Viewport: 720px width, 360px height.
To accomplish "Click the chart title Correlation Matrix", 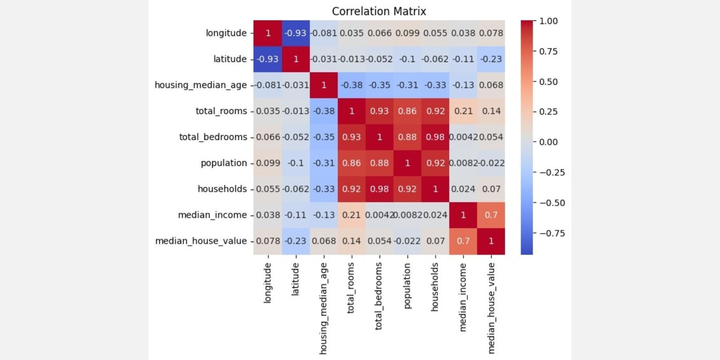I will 379,11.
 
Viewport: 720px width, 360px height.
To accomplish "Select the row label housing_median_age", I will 200,85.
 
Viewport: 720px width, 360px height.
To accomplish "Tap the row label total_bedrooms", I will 213,137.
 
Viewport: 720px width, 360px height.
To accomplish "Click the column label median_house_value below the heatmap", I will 491,308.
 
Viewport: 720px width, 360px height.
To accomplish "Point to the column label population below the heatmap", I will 407,286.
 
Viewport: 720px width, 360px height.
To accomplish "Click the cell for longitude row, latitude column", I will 296,33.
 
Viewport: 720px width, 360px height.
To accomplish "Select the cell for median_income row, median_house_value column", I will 491,215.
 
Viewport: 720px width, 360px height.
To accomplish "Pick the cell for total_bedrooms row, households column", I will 435,137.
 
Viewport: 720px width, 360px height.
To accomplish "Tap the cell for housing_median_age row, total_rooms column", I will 352,85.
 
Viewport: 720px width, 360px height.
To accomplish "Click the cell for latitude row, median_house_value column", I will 491,59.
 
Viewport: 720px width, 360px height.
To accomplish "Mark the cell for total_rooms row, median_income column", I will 463,111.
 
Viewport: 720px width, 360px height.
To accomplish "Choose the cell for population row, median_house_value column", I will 491,163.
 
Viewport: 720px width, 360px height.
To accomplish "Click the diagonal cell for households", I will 435,189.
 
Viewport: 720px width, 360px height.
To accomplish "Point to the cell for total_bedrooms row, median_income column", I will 463,137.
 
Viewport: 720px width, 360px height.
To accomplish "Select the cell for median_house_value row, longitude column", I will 268,241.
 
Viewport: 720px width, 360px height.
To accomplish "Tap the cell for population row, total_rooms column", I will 352,163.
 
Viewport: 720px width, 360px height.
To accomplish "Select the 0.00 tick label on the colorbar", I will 548,142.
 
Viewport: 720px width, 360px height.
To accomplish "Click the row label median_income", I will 212,215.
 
